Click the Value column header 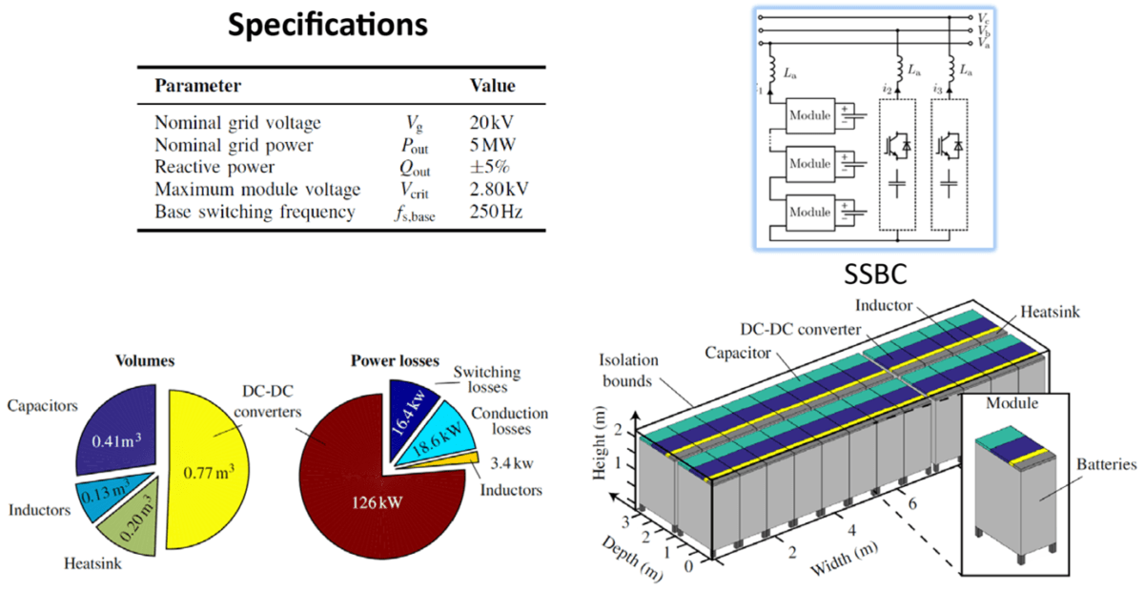click(493, 86)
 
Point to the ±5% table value click(486, 167)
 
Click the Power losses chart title click(395, 361)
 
